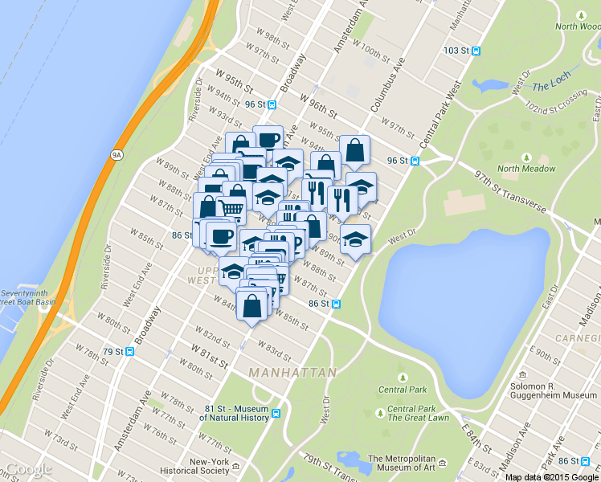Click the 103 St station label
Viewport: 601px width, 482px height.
pyautogui.click(x=456, y=50)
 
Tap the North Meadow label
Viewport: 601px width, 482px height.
pyautogui.click(x=526, y=169)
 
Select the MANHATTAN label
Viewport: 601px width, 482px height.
pyautogui.click(x=292, y=374)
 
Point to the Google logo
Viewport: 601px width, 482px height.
pyautogui.click(x=28, y=469)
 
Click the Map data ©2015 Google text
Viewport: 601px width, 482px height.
pyautogui.click(x=551, y=477)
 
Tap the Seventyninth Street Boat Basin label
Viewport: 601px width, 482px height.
pyautogui.click(x=26, y=297)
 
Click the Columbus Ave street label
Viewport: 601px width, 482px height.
pyautogui.click(x=389, y=84)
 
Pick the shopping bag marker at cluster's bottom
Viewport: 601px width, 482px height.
pyautogui.click(x=252, y=306)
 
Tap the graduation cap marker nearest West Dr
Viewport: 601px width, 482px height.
pyautogui.click(x=355, y=239)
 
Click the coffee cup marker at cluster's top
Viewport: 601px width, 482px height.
pyautogui.click(x=268, y=139)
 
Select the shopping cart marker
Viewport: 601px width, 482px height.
pyautogui.click(x=231, y=210)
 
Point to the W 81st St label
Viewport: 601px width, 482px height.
pyautogui.click(x=211, y=351)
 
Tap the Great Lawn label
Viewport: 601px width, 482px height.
pyautogui.click(x=411, y=418)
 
